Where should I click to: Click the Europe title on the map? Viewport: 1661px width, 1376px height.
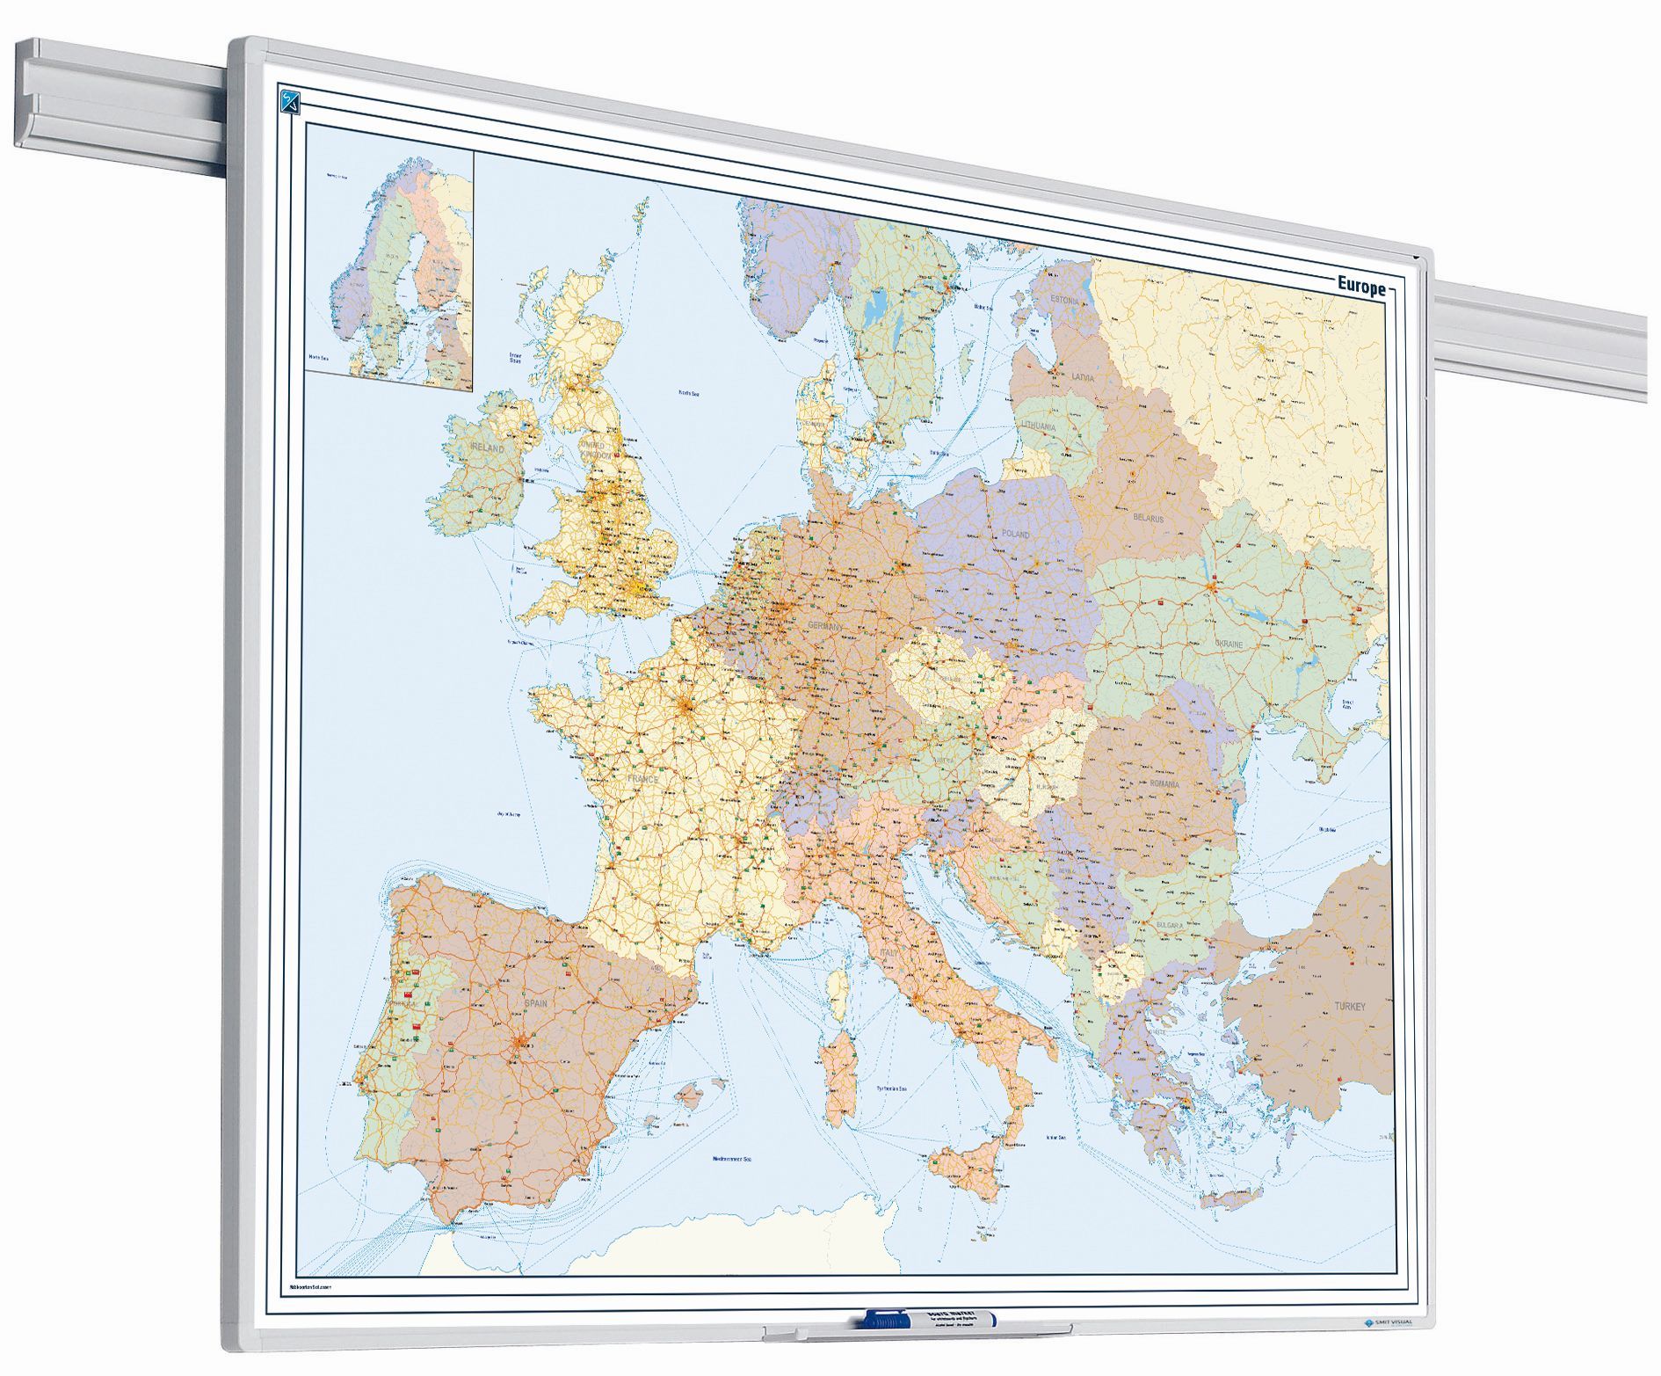coord(1360,286)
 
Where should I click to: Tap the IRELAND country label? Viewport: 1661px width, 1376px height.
coord(487,448)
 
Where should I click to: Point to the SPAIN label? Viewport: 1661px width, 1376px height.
coord(535,1003)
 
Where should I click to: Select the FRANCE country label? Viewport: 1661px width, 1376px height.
coord(642,779)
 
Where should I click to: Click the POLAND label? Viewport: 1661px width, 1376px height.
coord(1015,534)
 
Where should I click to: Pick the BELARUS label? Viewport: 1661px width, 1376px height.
coord(1148,519)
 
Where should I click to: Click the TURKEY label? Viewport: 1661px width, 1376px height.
coord(1350,1006)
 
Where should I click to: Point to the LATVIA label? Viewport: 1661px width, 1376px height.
coord(1083,377)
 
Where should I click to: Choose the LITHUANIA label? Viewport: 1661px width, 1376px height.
coord(1039,426)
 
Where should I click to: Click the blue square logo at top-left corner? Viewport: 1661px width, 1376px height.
coord(291,101)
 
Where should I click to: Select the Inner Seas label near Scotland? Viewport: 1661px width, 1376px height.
coord(516,358)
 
